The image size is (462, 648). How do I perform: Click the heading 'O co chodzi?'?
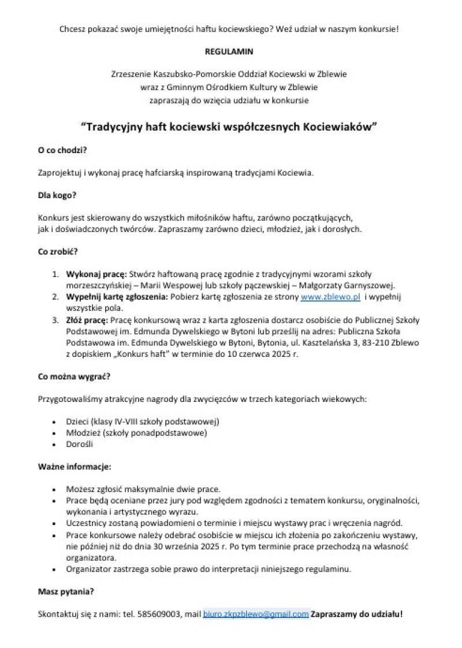click(x=62, y=150)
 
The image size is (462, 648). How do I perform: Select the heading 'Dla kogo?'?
click(x=57, y=195)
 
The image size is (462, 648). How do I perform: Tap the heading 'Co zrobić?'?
click(x=58, y=252)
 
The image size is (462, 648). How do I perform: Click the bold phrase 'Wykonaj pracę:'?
click(x=96, y=274)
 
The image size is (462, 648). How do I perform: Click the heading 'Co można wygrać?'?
click(x=74, y=376)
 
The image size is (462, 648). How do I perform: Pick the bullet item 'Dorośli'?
click(x=80, y=444)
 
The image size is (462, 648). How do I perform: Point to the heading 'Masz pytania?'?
click(x=66, y=591)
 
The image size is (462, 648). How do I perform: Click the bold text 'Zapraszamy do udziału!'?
click(x=356, y=614)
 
